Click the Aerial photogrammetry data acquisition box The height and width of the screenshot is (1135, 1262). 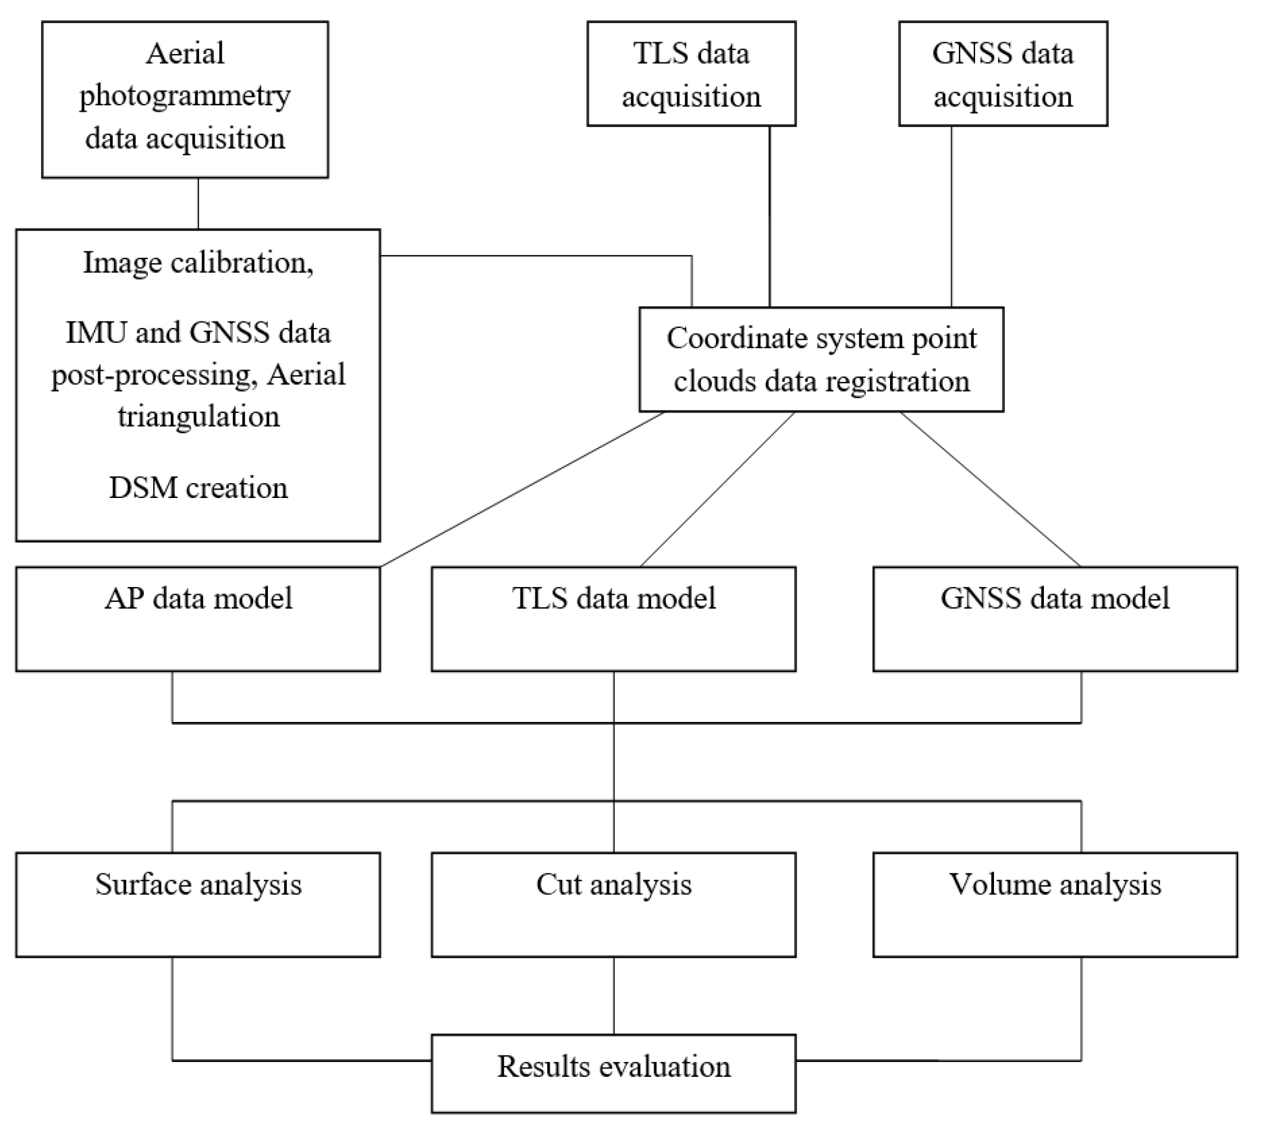click(185, 99)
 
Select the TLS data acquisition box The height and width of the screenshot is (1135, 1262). click(691, 74)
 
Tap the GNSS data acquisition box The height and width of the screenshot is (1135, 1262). click(1002, 74)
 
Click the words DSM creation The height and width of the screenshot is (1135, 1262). click(198, 488)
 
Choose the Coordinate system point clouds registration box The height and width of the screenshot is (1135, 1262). click(821, 359)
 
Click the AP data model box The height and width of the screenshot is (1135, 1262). click(198, 619)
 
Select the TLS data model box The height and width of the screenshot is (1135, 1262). click(614, 619)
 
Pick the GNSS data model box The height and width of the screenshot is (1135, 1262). click(1055, 619)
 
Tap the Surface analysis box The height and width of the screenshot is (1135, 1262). click(198, 904)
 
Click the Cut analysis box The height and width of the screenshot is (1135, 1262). click(614, 904)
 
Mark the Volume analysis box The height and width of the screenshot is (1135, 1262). click(1055, 904)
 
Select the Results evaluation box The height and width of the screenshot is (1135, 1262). click(614, 1074)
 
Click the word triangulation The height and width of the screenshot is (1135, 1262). click(198, 417)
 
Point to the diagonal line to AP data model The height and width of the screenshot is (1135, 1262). click(522, 490)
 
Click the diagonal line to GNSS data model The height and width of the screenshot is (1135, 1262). click(990, 490)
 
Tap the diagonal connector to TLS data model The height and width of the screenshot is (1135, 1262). click(717, 490)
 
